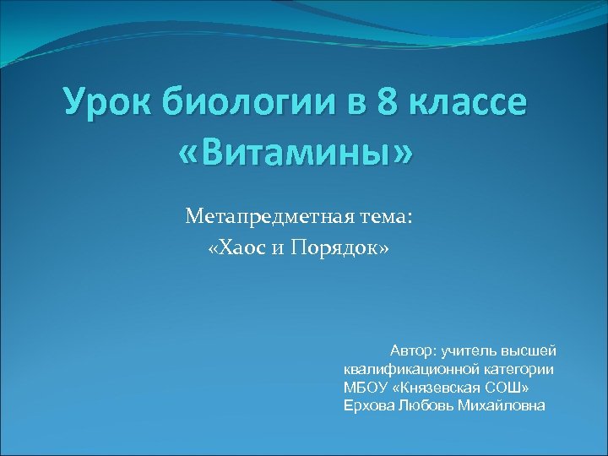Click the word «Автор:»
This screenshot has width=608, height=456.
(414, 350)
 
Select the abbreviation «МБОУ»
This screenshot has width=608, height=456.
(365, 387)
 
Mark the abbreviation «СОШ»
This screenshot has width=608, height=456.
(510, 387)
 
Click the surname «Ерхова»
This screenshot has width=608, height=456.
(368, 405)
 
